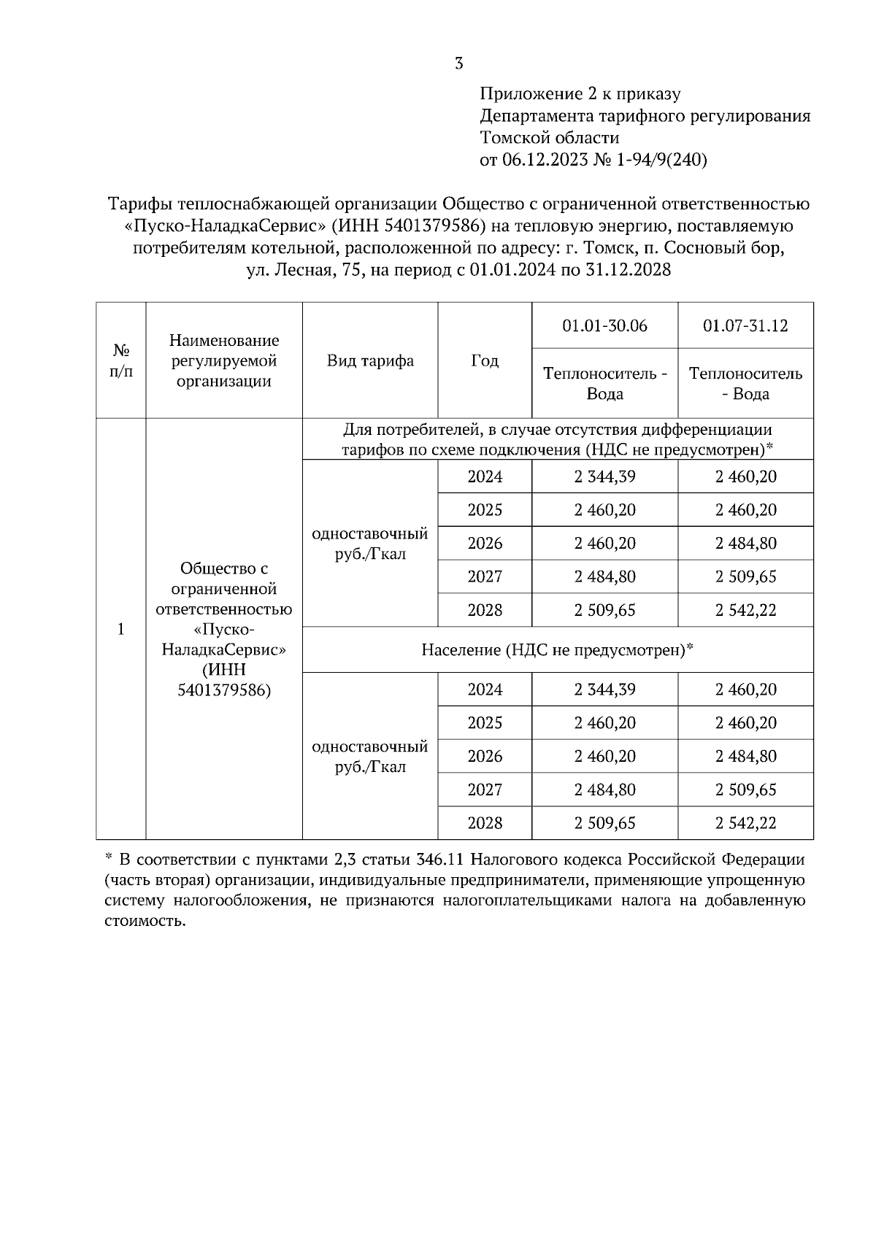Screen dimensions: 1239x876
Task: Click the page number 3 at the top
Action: pyautogui.click(x=458, y=63)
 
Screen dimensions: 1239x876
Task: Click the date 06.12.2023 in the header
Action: pyautogui.click(x=545, y=160)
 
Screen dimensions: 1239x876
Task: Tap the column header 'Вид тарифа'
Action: pyautogui.click(x=369, y=360)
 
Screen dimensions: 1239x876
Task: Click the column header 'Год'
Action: pyautogui.click(x=485, y=360)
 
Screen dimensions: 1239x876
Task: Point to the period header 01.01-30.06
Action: pyautogui.click(x=604, y=325)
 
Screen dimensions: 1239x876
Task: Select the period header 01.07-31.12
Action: pyautogui.click(x=745, y=325)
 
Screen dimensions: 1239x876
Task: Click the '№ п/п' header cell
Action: pyautogui.click(x=121, y=360)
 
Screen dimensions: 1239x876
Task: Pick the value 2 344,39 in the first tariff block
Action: pyautogui.click(x=604, y=476)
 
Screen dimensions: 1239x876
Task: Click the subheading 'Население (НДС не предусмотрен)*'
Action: pyautogui.click(x=557, y=649)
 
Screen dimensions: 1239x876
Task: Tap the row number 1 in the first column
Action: pyautogui.click(x=121, y=629)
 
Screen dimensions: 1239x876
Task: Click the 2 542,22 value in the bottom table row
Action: pyautogui.click(x=745, y=823)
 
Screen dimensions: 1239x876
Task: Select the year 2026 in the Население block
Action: pyautogui.click(x=485, y=756)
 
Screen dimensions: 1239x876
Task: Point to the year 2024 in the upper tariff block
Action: pyautogui.click(x=485, y=476)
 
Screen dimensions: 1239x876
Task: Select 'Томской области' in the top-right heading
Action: pyautogui.click(x=549, y=138)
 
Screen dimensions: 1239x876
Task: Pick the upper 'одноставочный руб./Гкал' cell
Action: pyautogui.click(x=369, y=544)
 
